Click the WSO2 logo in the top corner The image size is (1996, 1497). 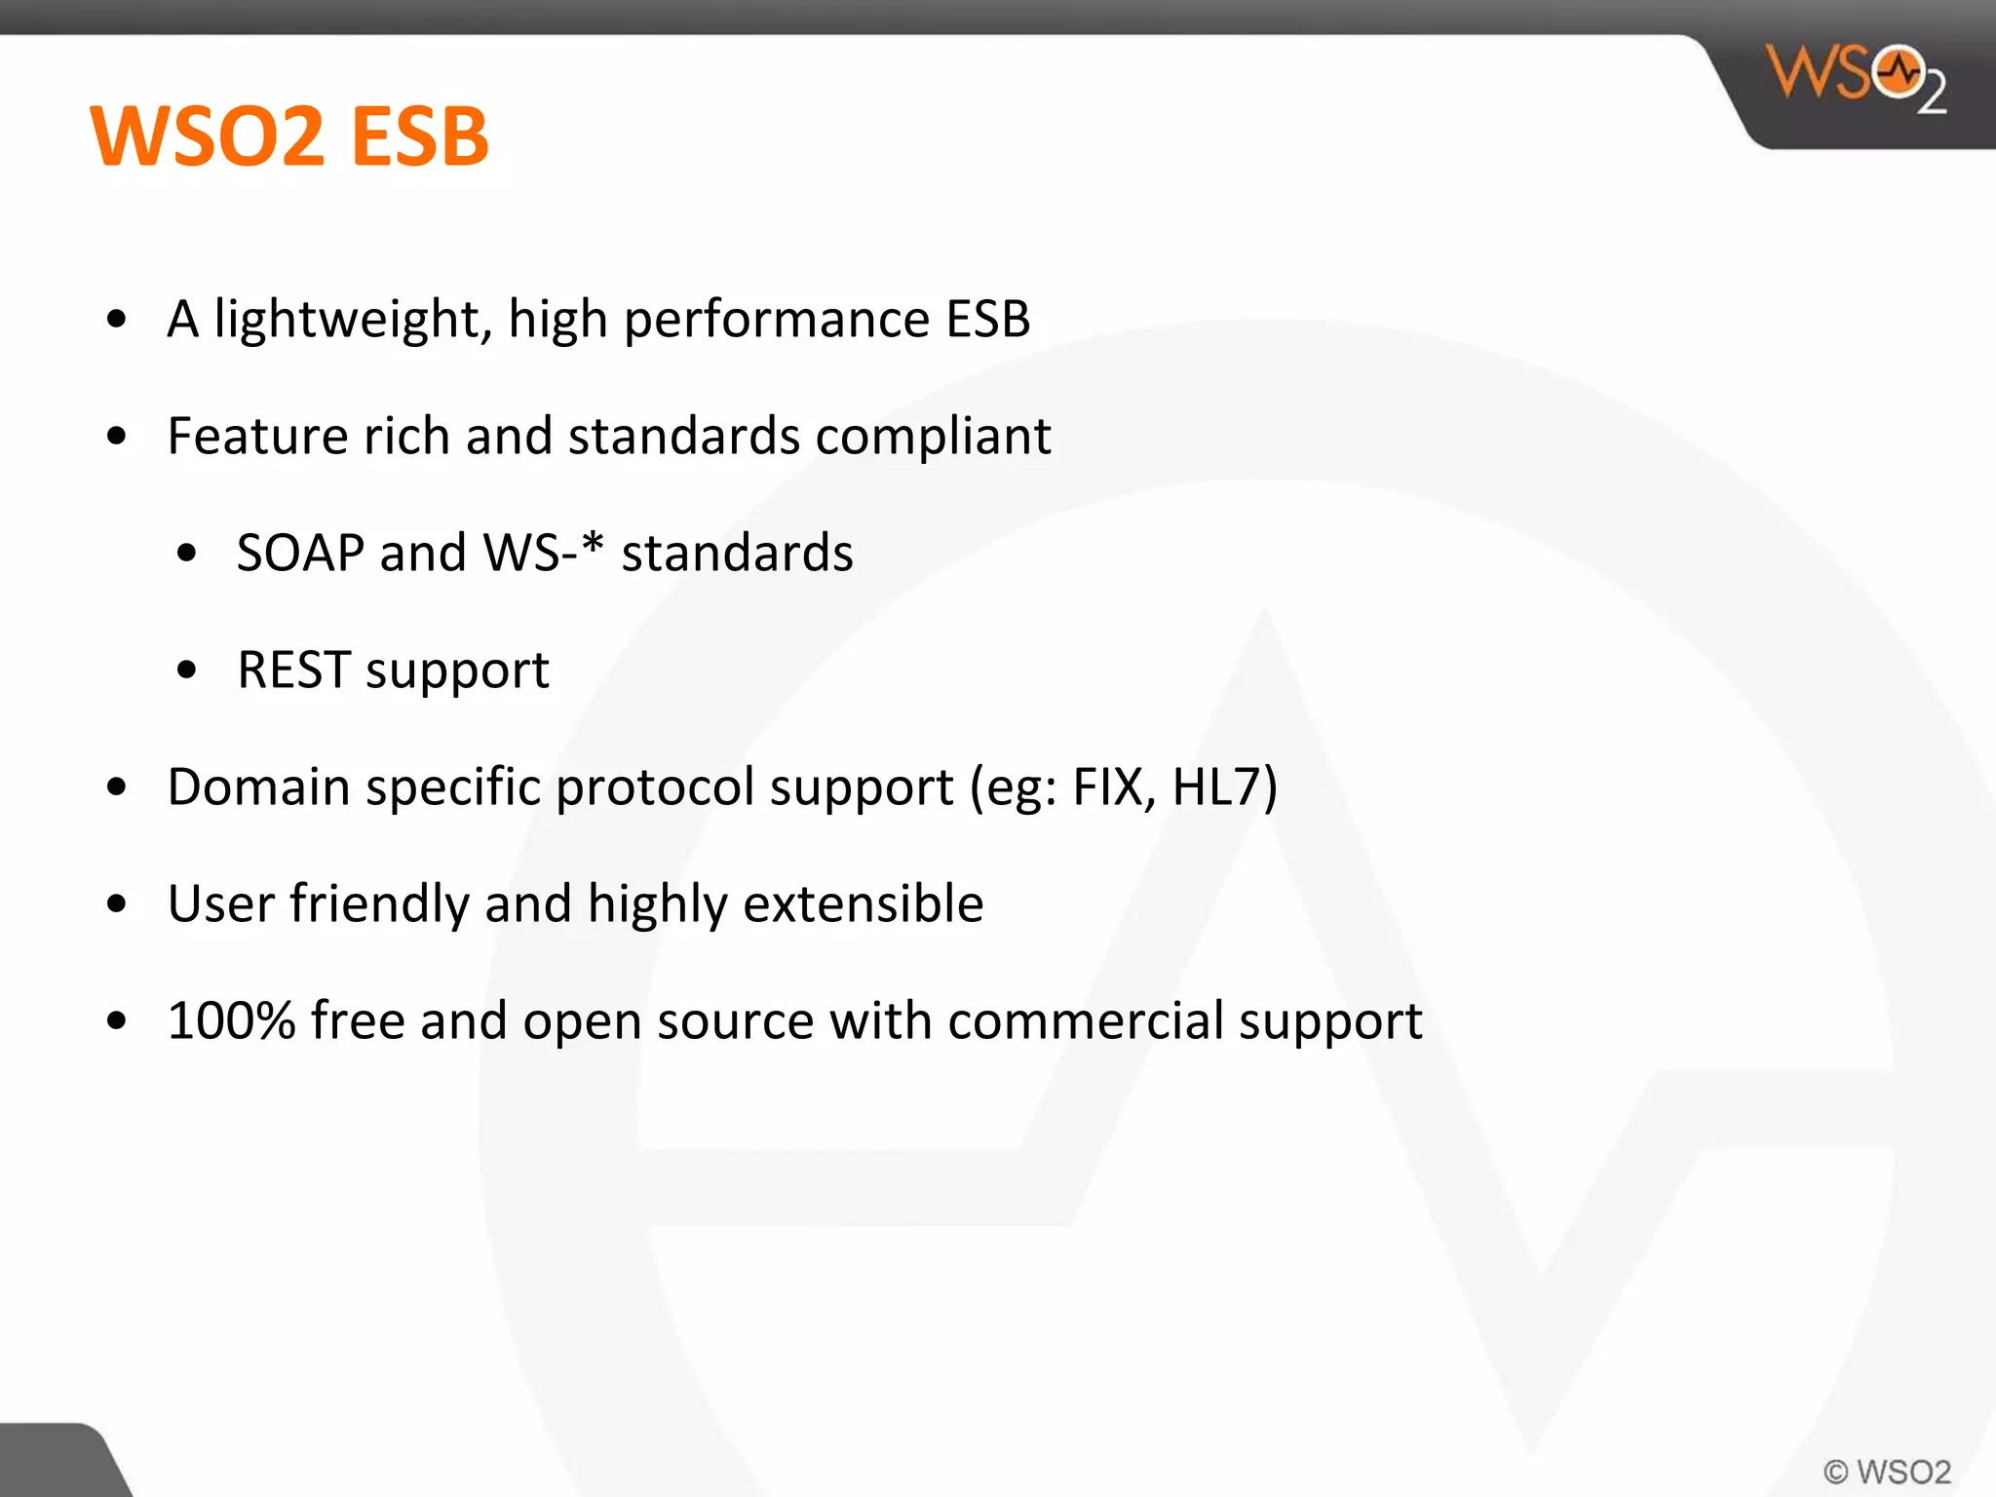pos(1856,78)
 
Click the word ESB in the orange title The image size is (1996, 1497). pos(419,136)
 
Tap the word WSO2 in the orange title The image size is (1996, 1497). pos(207,136)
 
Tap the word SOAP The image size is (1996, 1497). pos(300,554)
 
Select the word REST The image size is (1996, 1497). pos(293,671)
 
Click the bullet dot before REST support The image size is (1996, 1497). pos(187,671)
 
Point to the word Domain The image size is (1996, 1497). pos(258,787)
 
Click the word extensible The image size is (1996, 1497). pos(863,904)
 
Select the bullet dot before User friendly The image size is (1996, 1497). pos(117,904)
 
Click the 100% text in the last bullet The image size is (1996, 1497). pos(231,1021)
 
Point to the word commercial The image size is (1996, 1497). pos(1085,1021)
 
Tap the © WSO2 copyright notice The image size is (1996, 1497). pos(1887,1471)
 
